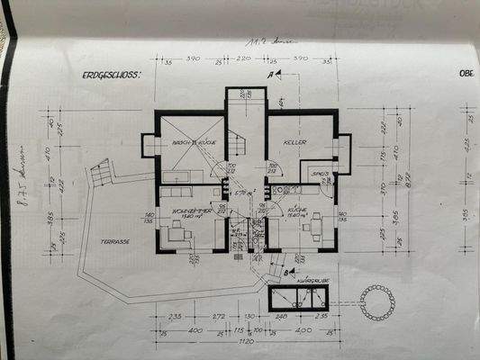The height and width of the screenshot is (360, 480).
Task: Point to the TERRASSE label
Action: [x=116, y=241]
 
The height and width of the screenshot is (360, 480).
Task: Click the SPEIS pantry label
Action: [x=317, y=173]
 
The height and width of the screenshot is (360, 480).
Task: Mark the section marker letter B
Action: [x=285, y=270]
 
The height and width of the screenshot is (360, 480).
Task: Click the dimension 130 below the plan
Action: [x=249, y=318]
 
